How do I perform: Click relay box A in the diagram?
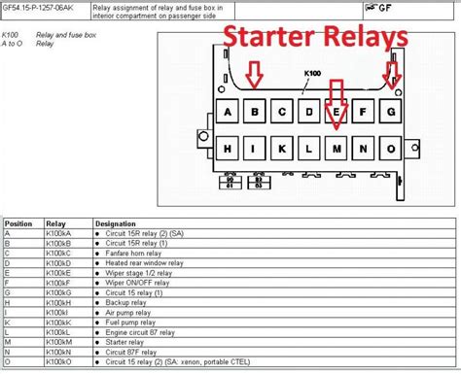pos(228,111)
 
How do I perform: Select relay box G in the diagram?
pos(390,111)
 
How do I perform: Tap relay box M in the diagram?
pos(337,149)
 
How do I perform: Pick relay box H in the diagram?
pos(228,149)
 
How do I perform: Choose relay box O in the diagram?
pos(390,149)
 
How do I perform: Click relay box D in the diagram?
pos(309,111)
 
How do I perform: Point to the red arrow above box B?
pos(255,74)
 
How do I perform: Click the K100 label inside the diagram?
pos(312,73)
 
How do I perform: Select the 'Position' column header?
pos(19,222)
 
